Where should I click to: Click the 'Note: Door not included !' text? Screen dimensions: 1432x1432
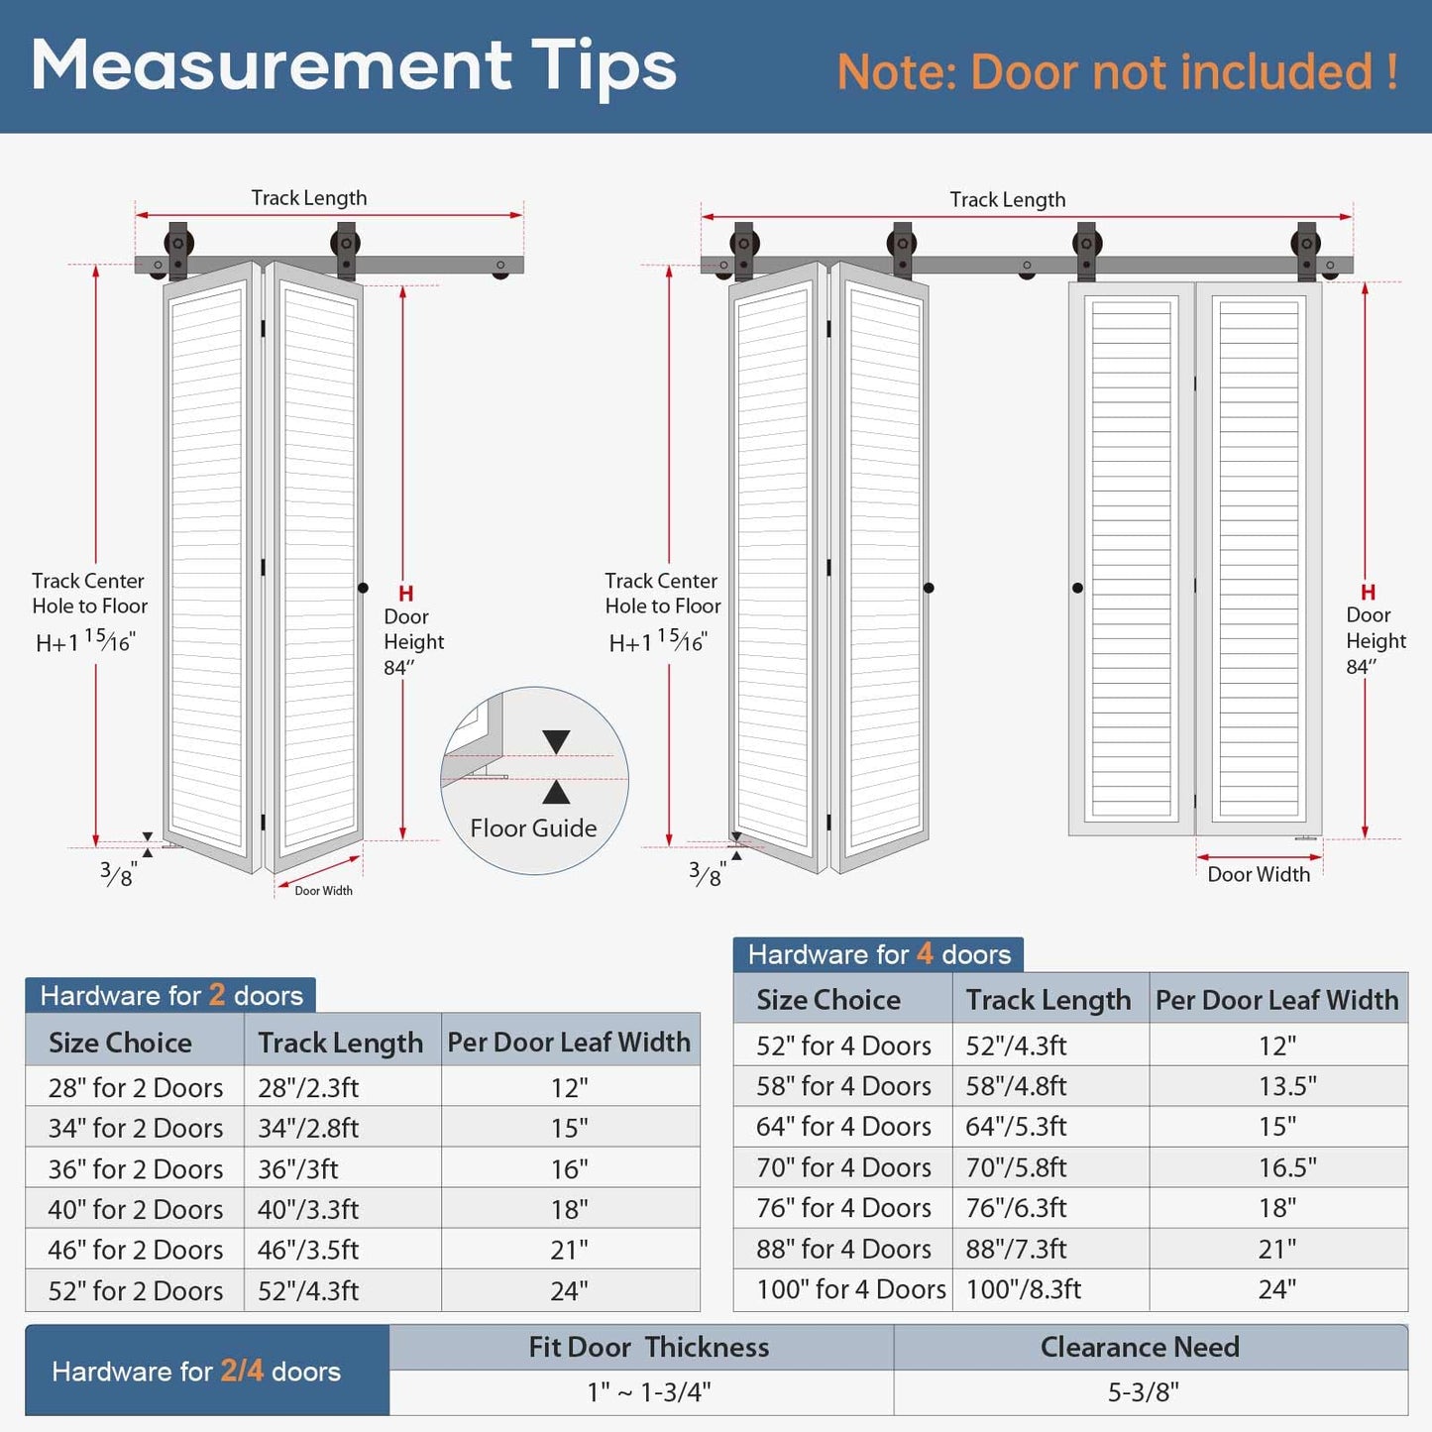tap(1117, 73)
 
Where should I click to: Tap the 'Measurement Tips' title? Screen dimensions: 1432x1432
tap(354, 66)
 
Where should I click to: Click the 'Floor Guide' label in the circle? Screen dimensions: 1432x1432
tap(533, 827)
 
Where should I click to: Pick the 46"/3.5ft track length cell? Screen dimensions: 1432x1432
tap(308, 1250)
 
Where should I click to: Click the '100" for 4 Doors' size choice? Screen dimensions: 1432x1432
tap(850, 1289)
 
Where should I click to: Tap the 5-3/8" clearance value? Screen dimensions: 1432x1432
tap(1143, 1392)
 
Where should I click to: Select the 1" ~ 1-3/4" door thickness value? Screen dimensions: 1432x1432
tap(649, 1392)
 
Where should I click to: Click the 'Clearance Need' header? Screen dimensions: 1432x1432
tap(1140, 1348)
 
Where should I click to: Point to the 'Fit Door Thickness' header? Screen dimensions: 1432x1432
tap(649, 1348)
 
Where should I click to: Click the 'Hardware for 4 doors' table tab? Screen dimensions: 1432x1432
tap(879, 954)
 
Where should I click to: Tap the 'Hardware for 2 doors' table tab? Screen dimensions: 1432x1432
tap(171, 995)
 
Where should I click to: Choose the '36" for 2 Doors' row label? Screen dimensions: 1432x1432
tap(136, 1169)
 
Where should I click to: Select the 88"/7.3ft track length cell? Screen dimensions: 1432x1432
tap(1016, 1249)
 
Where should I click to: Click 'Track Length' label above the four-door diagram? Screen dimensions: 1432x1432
tap(1008, 199)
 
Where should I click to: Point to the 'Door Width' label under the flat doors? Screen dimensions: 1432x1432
tap(1259, 874)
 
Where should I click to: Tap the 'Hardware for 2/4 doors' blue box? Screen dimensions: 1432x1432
tap(196, 1372)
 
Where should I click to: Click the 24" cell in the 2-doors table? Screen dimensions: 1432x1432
tap(570, 1291)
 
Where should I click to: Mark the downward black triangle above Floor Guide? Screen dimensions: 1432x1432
tap(556, 741)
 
